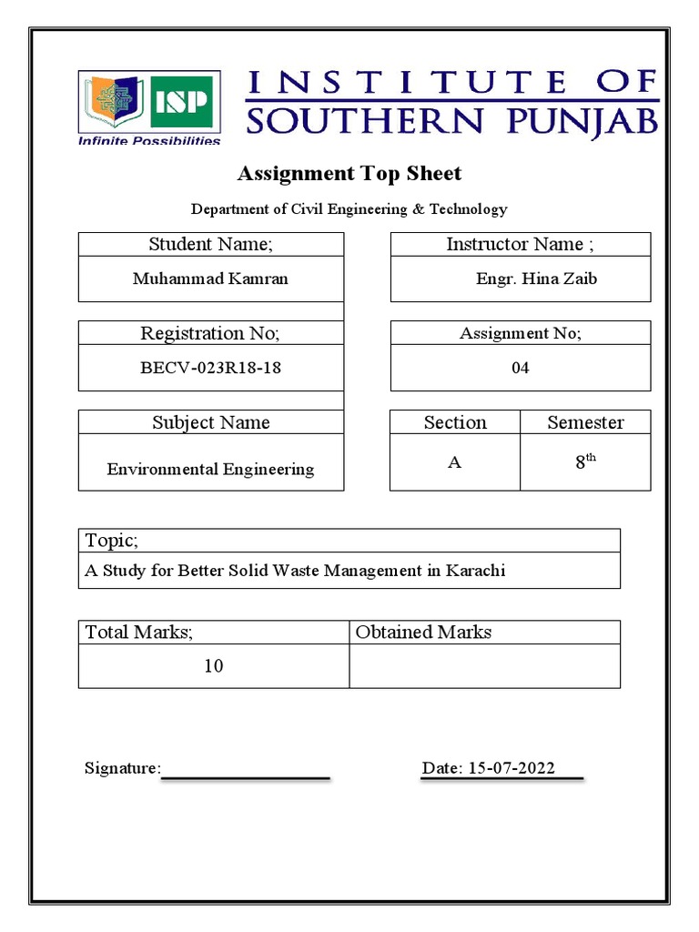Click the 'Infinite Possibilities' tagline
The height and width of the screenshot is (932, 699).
coord(149,141)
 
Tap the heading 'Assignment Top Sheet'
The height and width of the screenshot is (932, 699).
coord(349,173)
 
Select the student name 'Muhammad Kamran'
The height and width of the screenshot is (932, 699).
coord(210,279)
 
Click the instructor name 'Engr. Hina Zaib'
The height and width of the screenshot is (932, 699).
coord(536,279)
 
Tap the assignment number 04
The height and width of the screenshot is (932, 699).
coord(520,368)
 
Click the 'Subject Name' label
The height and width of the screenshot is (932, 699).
coord(210,422)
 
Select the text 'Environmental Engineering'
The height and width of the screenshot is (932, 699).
coord(210,470)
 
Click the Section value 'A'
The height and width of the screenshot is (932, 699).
coord(454,462)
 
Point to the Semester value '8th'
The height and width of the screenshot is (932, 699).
coord(584,461)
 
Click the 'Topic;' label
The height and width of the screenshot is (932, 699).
coord(112,541)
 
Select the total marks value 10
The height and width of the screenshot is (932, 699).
coord(213,666)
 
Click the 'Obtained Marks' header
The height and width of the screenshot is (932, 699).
coord(423,632)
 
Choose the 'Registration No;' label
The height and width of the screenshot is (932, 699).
coord(210,333)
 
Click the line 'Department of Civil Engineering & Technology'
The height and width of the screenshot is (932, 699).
coord(349,209)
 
